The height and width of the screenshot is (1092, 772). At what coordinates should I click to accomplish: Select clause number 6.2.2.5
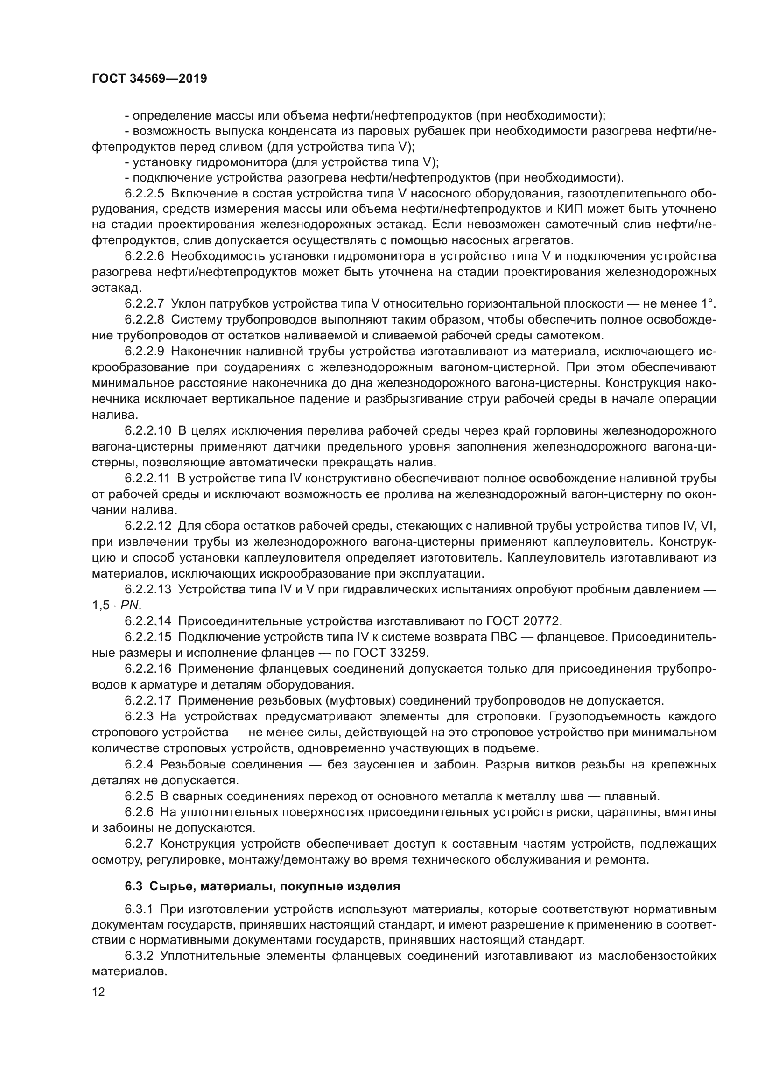pos(145,194)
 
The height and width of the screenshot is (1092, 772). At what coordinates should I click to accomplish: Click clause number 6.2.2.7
pos(145,303)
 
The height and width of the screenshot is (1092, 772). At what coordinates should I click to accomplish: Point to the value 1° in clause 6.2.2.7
pos(707,303)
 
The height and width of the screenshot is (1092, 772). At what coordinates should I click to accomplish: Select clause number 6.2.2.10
pos(148,431)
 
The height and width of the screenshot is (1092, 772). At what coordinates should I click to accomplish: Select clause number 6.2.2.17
pos(148,700)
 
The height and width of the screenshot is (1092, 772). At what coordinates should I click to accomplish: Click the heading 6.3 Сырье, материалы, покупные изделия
pos(262,887)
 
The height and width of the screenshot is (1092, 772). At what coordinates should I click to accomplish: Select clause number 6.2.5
pos(139,796)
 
